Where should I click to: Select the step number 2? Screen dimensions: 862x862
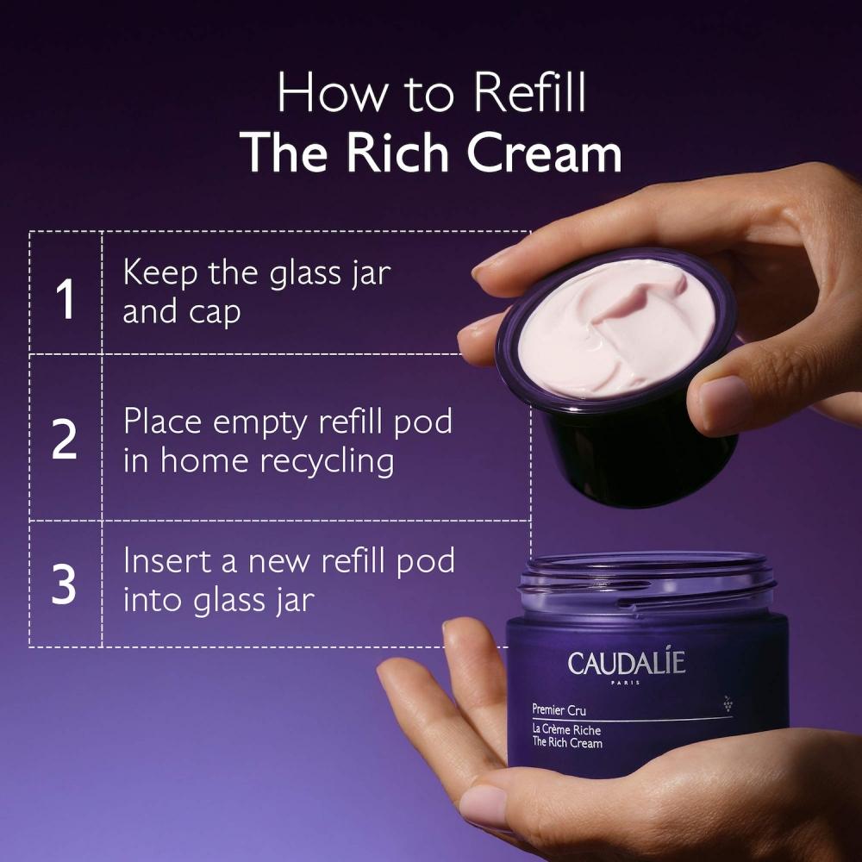point(65,440)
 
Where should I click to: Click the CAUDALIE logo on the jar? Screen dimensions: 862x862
point(627,663)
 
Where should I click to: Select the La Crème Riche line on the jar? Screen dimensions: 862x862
point(565,730)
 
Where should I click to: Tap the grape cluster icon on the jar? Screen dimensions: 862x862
point(728,703)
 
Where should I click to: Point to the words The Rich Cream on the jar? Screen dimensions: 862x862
point(567,743)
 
